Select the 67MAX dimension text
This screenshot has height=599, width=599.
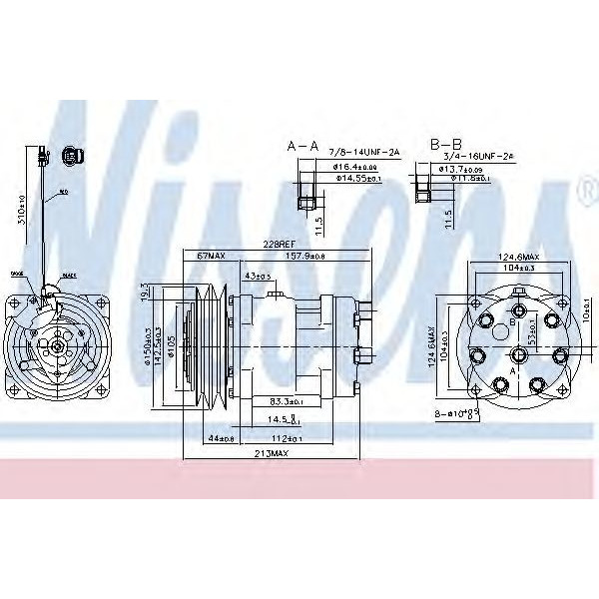[210, 257]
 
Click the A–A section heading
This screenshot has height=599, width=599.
[302, 146]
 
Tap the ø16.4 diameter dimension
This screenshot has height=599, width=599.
[355, 167]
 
